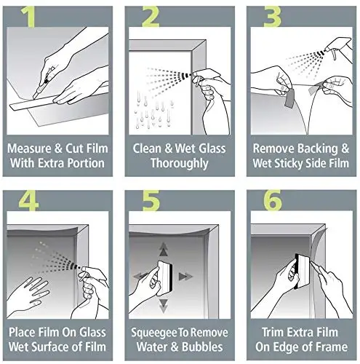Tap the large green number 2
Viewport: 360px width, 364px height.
coord(151,17)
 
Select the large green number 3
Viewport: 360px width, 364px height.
coord(272,17)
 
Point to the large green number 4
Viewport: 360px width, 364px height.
coord(28,200)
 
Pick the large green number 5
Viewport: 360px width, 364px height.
coord(151,200)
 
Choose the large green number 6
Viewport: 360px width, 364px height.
coord(273,200)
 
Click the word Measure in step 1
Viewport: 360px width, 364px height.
coord(29,149)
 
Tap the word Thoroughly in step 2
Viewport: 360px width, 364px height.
coord(180,163)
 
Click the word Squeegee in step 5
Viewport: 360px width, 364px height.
coord(151,333)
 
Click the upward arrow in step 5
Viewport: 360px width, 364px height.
coord(164,250)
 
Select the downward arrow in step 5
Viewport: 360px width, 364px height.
coord(164,306)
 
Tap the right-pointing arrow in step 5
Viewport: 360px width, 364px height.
coord(185,277)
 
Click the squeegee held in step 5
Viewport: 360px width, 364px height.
coord(165,278)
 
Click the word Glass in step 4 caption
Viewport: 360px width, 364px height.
coord(92,332)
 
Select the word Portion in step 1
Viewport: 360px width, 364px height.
coord(85,163)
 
